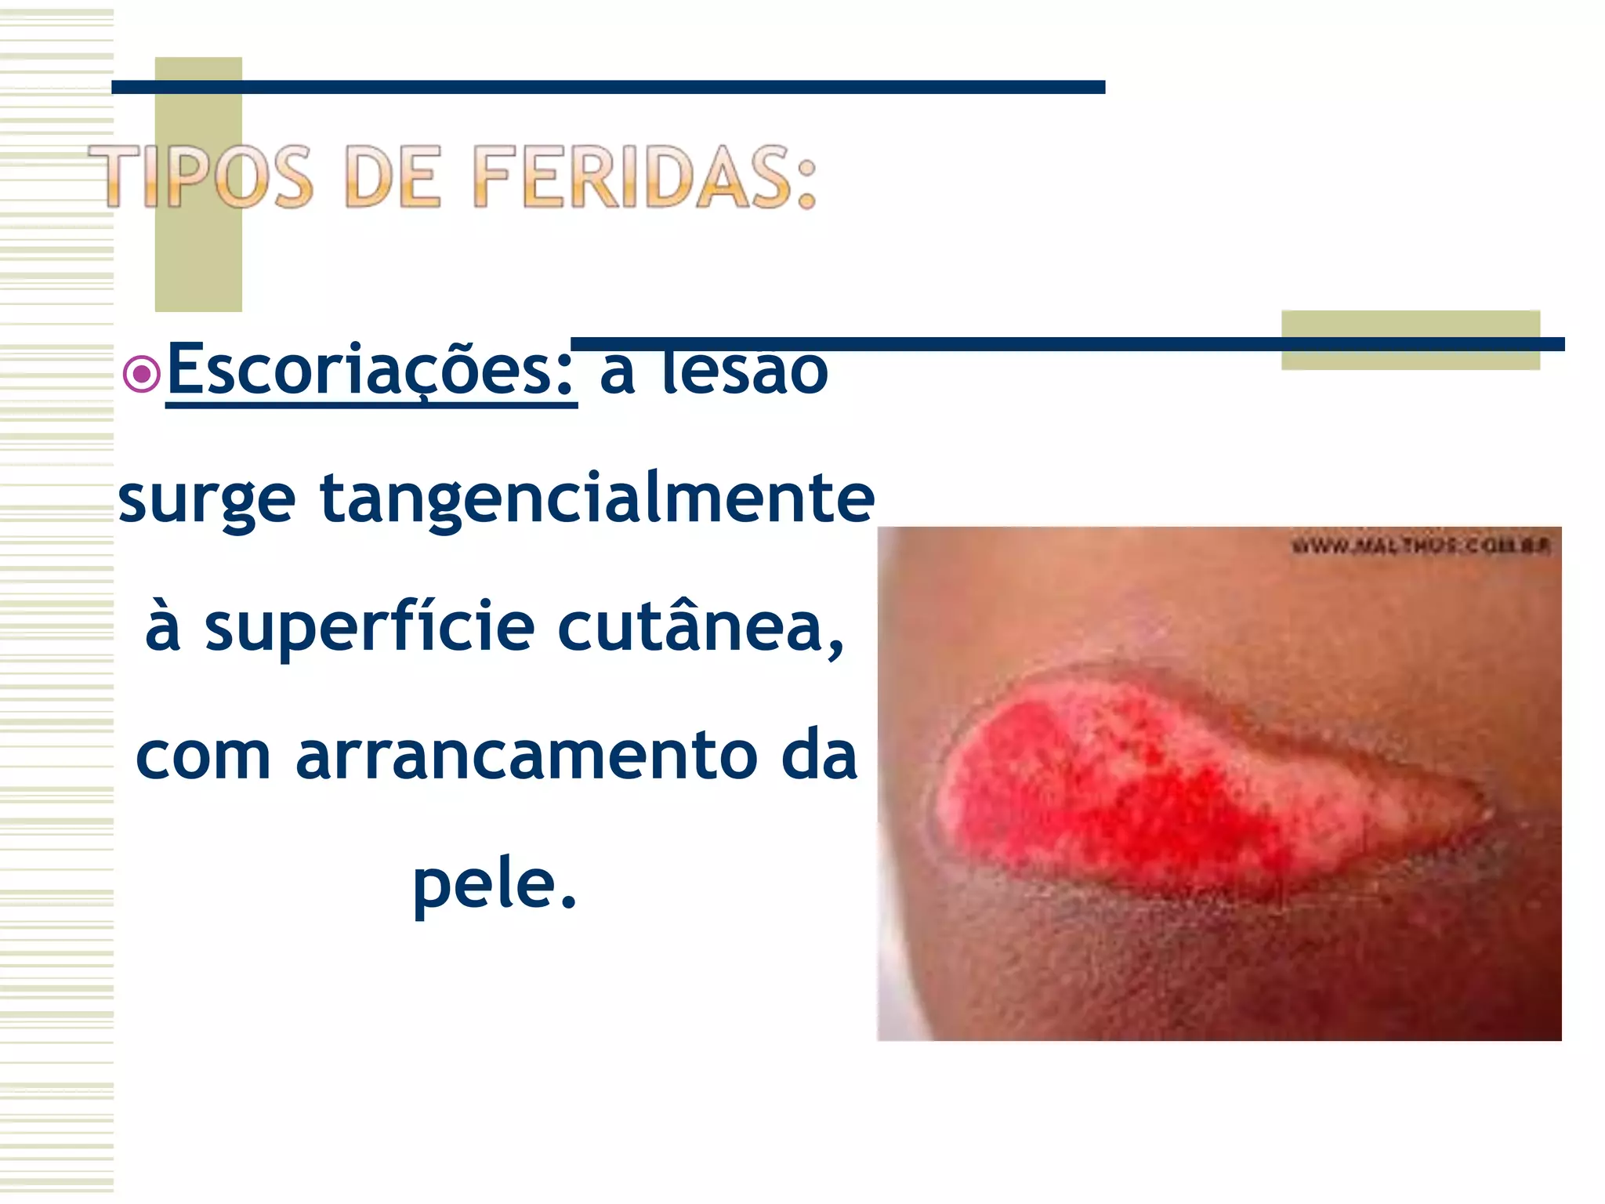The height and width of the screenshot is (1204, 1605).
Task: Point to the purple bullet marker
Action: pyautogui.click(x=142, y=374)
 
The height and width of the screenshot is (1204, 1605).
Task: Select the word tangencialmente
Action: pyautogui.click(x=597, y=499)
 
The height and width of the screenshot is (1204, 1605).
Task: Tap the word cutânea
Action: pyautogui.click(x=701, y=627)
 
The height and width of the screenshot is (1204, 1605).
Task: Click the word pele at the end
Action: pyautogui.click(x=494, y=884)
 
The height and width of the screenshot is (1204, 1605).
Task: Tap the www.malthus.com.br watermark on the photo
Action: pyautogui.click(x=1420, y=546)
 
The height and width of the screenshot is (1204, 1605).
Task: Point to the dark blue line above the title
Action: pyautogui.click(x=608, y=87)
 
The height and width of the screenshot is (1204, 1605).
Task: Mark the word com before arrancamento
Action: pyautogui.click(x=204, y=757)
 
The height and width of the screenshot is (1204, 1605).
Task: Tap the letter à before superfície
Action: pyautogui.click(x=163, y=627)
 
